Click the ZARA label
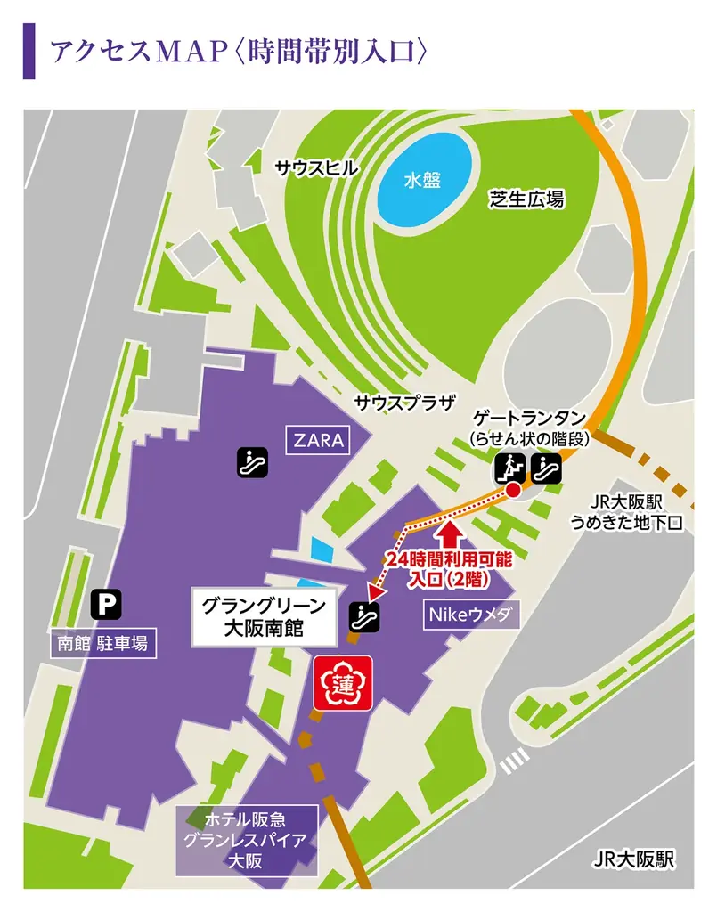point(319,440)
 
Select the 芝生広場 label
point(526,199)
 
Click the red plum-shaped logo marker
point(343,682)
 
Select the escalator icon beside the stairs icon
point(545,466)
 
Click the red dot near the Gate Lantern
point(513,491)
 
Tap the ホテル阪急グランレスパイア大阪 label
point(246,839)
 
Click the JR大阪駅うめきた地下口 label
point(629,512)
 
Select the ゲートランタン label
point(528,418)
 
